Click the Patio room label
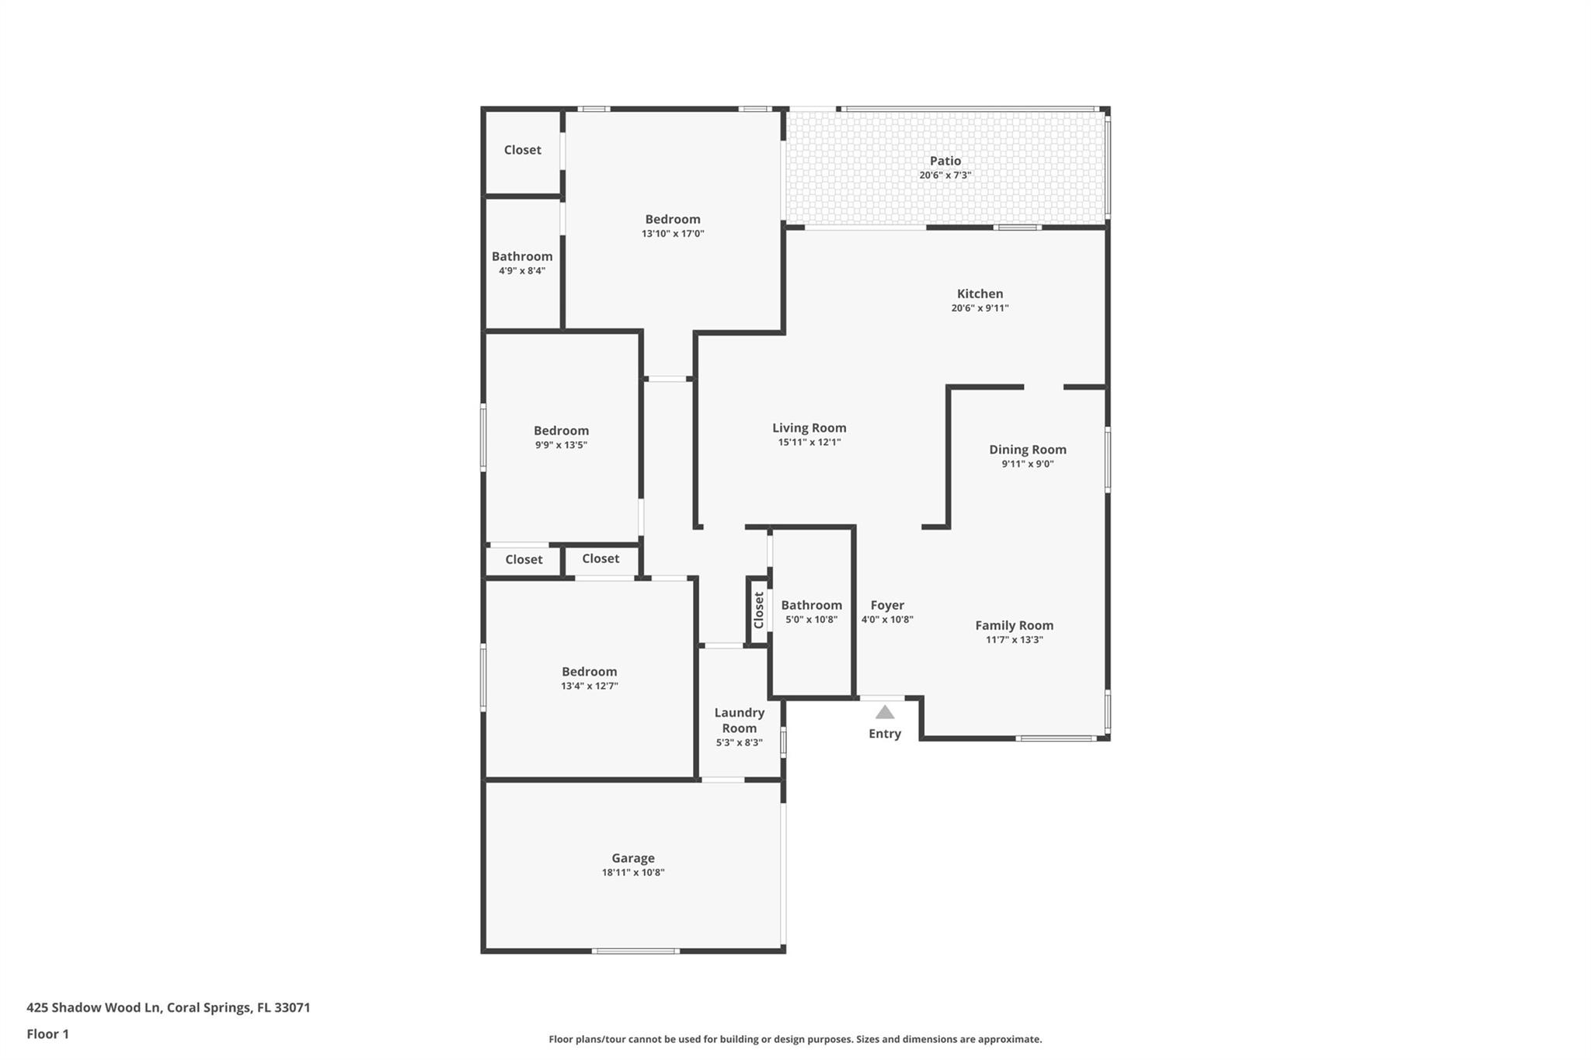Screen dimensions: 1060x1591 pos(945,161)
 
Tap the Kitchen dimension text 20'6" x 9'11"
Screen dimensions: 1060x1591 pos(980,308)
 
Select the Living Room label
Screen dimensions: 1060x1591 pos(809,428)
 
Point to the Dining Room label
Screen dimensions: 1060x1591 pos(1027,450)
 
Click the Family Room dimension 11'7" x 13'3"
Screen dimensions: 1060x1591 pos(1014,640)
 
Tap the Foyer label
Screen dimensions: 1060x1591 pos(886,605)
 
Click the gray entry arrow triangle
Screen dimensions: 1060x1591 pos(885,712)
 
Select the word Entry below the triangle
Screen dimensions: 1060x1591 pos(884,734)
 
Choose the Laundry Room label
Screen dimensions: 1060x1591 pos(739,720)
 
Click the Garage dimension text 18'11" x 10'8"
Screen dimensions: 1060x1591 pos(632,873)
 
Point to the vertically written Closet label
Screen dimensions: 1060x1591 pos(758,610)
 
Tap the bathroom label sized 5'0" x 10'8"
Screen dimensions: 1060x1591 pos(811,605)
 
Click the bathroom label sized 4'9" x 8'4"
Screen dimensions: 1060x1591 pos(522,256)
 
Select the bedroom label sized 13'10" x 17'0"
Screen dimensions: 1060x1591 pos(672,219)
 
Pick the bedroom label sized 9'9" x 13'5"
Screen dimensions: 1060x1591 pos(561,431)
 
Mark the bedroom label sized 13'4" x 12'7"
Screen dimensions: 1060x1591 pos(589,672)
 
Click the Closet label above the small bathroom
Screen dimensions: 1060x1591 pos(522,150)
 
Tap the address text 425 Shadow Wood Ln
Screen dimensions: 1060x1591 pos(93,1008)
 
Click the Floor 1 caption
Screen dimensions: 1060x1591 pos(48,1034)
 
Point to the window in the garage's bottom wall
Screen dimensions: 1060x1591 pos(635,951)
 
